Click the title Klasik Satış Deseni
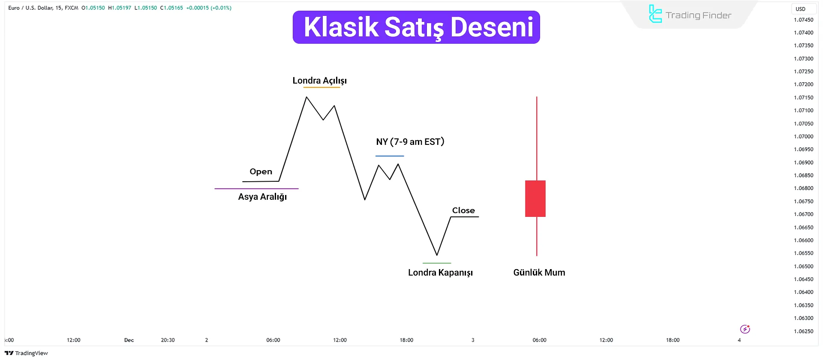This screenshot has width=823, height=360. click(x=418, y=27)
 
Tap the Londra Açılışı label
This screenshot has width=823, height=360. click(x=320, y=81)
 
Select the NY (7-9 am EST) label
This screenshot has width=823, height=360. click(x=410, y=142)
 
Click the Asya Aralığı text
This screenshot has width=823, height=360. click(x=262, y=197)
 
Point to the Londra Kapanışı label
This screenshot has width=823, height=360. click(x=440, y=273)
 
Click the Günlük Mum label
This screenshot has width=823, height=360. click(x=539, y=273)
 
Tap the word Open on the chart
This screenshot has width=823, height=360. click(x=261, y=171)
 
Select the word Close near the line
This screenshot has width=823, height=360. click(x=463, y=210)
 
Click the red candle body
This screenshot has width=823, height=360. click(x=535, y=198)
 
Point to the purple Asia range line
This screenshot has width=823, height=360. click(x=256, y=189)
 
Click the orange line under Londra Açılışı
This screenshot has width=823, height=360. click(x=321, y=87)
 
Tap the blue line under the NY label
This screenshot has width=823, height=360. click(x=390, y=156)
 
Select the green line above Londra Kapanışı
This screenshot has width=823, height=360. click(x=437, y=263)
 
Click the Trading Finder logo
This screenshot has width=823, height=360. click(x=690, y=15)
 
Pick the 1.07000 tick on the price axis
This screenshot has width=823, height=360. click(x=803, y=137)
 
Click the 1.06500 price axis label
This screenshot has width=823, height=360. click(x=803, y=267)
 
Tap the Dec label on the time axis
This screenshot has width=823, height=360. click(x=129, y=340)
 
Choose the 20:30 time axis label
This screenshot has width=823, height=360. click(x=168, y=340)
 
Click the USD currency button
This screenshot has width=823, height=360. click(x=800, y=9)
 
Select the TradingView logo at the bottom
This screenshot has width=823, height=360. click(x=26, y=353)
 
